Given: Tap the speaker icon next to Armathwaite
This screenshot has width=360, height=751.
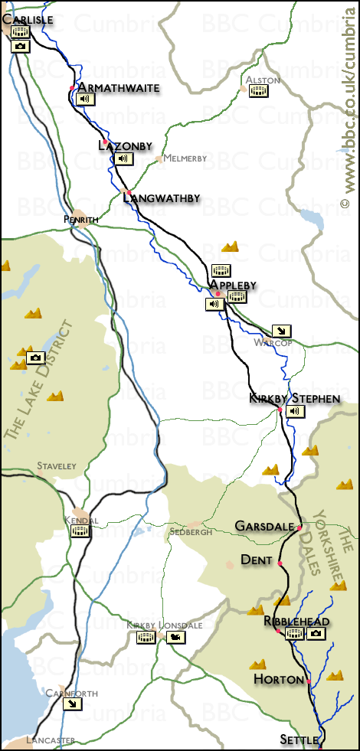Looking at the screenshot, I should pyautogui.click(x=84, y=100).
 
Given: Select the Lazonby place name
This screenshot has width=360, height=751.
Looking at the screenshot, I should pyautogui.click(x=126, y=145).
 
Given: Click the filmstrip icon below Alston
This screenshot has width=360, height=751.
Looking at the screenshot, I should pyautogui.click(x=259, y=91).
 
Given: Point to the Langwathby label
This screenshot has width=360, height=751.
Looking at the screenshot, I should pyautogui.click(x=161, y=198).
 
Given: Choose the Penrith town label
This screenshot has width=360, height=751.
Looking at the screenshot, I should pyautogui.click(x=81, y=220).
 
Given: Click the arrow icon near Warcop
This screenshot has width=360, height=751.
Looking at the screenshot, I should pyautogui.click(x=282, y=331).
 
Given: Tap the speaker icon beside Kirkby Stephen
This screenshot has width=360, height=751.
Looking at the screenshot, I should pyautogui.click(x=296, y=412).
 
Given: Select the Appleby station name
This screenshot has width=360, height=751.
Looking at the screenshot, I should pyautogui.click(x=233, y=286).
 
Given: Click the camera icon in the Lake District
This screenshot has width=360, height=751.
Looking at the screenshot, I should pyautogui.click(x=35, y=358).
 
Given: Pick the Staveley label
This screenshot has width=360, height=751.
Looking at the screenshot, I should pyautogui.click(x=56, y=465).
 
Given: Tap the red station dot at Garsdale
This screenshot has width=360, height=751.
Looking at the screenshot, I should pyautogui.click(x=299, y=527).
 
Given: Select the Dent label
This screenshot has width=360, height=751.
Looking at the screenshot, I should pyautogui.click(x=256, y=560).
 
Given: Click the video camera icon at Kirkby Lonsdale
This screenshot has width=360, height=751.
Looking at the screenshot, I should pyautogui.click(x=176, y=638).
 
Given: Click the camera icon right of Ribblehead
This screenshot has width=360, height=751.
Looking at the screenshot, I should pyautogui.click(x=316, y=634).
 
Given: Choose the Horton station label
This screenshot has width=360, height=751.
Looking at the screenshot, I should pyautogui.click(x=278, y=679).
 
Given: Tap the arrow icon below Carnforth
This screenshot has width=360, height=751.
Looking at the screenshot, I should pyautogui.click(x=72, y=705).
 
